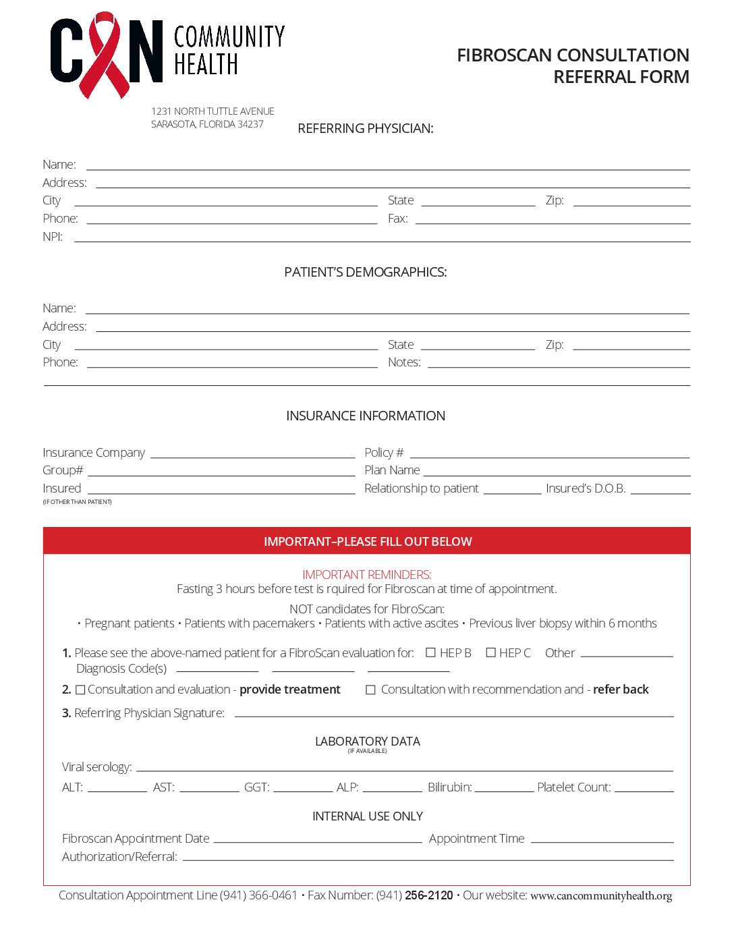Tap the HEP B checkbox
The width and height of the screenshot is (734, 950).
click(431, 652)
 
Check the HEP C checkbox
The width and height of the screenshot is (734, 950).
click(490, 652)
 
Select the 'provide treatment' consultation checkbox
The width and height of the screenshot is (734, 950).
click(80, 690)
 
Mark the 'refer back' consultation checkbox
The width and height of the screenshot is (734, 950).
click(370, 690)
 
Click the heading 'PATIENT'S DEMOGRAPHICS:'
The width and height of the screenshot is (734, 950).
click(365, 272)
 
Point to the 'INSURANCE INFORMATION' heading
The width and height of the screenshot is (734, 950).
click(365, 416)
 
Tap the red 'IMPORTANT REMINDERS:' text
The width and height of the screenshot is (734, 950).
click(366, 574)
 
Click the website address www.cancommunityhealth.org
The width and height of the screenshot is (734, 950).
click(600, 896)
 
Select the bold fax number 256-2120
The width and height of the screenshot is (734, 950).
click(429, 895)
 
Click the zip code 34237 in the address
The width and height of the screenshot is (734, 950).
click(250, 124)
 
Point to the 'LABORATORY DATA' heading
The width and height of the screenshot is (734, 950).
click(367, 742)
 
